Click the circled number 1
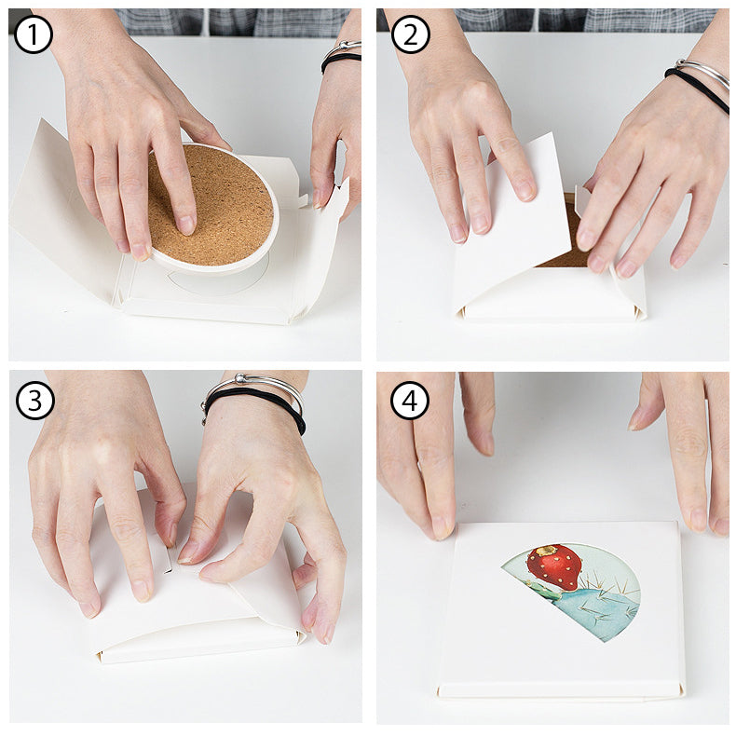coord(34,34)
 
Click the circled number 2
coord(411,34)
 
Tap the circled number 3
coord(35,401)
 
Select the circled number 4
coord(410,401)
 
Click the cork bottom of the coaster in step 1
coord(228,200)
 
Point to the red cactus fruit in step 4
coord(554,566)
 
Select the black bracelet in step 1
coord(341,60)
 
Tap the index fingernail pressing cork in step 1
coord(185,225)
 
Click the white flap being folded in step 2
coord(508,224)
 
